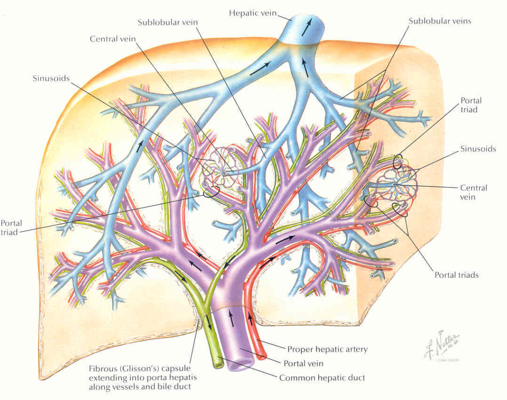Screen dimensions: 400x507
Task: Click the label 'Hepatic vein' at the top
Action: (x=253, y=13)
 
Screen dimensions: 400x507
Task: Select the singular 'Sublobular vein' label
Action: (x=164, y=23)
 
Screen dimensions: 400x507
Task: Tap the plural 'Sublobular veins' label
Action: (x=440, y=21)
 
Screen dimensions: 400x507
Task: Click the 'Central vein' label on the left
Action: (x=112, y=39)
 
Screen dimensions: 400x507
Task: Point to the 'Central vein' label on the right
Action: (x=473, y=192)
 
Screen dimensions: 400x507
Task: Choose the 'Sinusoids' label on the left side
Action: (x=51, y=78)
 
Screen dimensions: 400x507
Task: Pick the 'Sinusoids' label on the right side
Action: (x=478, y=149)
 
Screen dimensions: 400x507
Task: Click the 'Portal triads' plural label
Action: (x=456, y=275)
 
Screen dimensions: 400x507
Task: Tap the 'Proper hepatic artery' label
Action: (x=327, y=349)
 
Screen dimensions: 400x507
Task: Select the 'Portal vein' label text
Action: (x=303, y=363)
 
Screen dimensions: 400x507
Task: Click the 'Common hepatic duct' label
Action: (x=322, y=378)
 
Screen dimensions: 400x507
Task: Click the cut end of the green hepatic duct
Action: (x=218, y=364)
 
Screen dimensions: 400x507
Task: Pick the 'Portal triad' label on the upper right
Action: (x=470, y=105)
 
